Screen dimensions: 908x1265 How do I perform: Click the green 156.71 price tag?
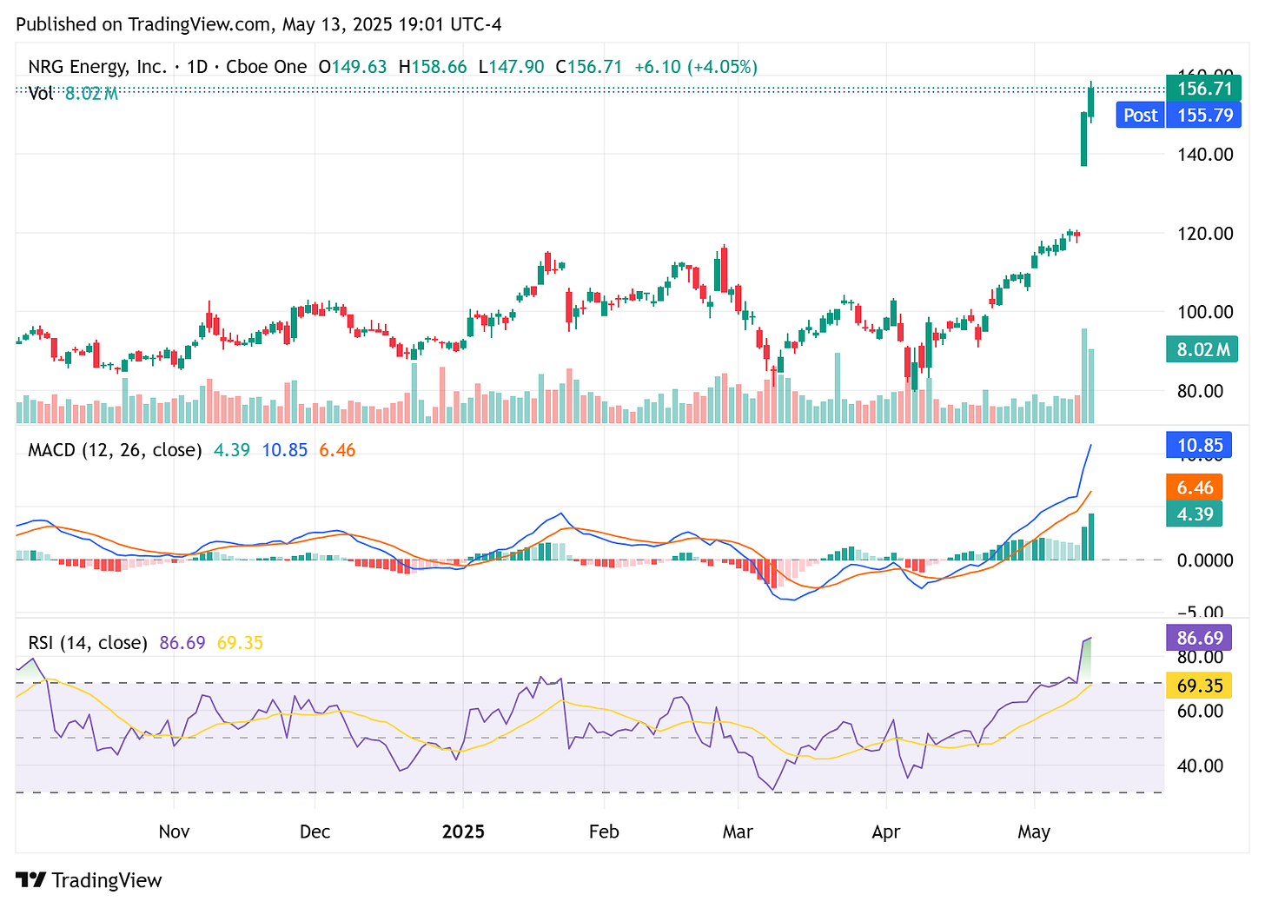tap(1203, 88)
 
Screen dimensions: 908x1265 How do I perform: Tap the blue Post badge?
tap(1140, 115)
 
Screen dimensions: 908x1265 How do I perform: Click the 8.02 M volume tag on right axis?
tap(1202, 350)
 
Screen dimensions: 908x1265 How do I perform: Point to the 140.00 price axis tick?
tap(1204, 155)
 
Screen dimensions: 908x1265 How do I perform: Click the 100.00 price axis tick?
tap(1204, 312)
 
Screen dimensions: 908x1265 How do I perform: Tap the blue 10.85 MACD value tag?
tap(1199, 446)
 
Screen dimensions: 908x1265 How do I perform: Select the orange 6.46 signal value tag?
tap(1195, 487)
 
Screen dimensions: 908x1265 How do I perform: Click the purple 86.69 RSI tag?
tap(1199, 638)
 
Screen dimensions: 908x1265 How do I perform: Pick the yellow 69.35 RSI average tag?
tap(1199, 686)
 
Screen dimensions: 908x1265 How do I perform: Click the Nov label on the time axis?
tap(174, 832)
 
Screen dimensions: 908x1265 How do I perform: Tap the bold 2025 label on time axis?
tap(463, 832)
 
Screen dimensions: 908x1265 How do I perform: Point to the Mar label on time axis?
tap(737, 832)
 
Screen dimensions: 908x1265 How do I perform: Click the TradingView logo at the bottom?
tap(89, 880)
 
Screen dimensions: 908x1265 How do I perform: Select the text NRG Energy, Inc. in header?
tap(96, 67)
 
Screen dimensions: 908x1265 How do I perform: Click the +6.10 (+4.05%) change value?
tap(695, 67)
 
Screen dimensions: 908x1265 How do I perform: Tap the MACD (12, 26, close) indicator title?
tap(115, 450)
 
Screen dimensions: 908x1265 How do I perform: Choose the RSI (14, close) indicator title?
tap(88, 643)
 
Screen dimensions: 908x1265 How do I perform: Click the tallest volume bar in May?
tap(1084, 375)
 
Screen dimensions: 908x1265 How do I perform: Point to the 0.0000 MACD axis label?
tap(1204, 560)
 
